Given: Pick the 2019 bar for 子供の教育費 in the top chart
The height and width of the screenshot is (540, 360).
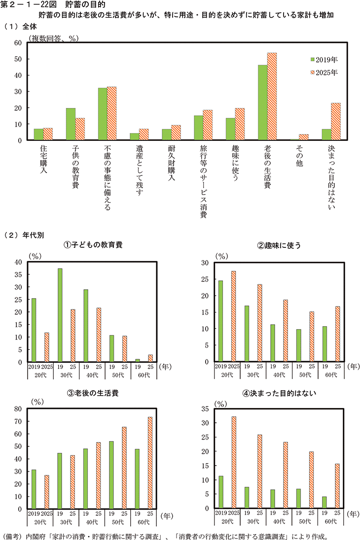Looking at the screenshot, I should pyautogui.click(x=71, y=124).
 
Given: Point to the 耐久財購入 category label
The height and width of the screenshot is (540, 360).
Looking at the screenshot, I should pyautogui.click(x=171, y=163).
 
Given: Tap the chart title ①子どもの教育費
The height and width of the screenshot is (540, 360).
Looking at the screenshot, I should pyautogui.click(x=92, y=245).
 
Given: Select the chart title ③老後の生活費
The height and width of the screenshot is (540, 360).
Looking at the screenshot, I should pyautogui.click(x=92, y=393).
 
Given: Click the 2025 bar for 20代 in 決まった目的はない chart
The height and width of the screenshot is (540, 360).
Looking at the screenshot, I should pyautogui.click(x=234, y=463).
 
